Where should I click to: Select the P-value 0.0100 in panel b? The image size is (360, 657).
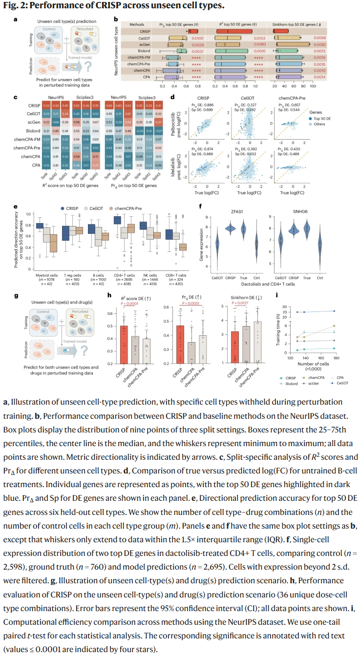tap(197, 38)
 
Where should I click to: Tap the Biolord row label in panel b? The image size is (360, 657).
tap(145, 51)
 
